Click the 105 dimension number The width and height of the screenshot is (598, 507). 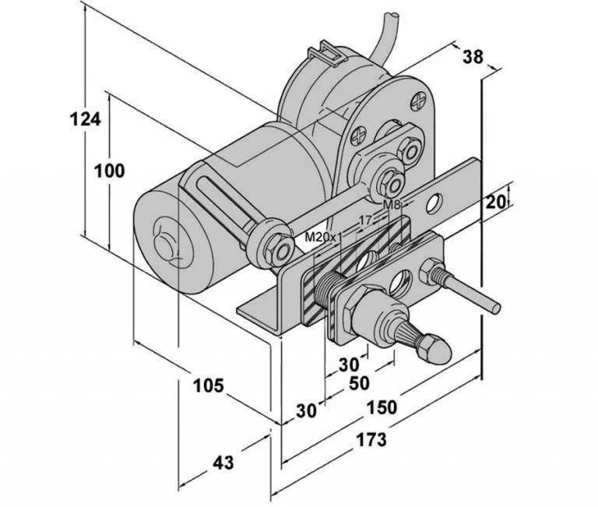coord(208,384)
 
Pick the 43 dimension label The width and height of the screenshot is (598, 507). coord(223,463)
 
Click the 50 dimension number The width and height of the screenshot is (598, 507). coord(359,383)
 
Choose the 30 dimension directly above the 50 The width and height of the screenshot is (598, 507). coord(349,363)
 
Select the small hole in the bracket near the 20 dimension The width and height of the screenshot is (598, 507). coord(438,200)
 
